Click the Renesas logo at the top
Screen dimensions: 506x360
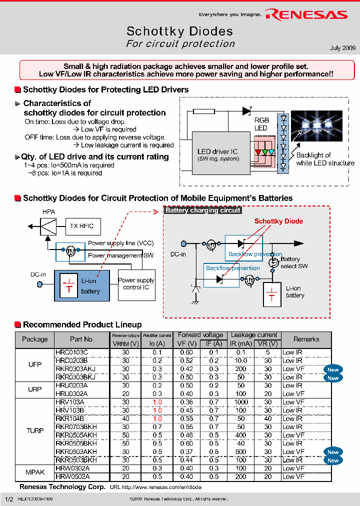pyautogui.click(x=306, y=15)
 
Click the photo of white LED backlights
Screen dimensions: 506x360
pyautogui.click(x=316, y=123)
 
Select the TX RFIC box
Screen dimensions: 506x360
pyautogui.click(x=81, y=226)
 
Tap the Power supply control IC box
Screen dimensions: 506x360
pyautogui.click(x=136, y=284)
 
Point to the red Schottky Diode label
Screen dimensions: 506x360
pyautogui.click(x=278, y=221)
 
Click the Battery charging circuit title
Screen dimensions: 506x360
pyautogui.click(x=202, y=210)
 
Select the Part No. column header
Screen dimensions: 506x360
pyautogui.click(x=82, y=339)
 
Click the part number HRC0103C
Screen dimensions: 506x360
pyautogui.click(x=71, y=352)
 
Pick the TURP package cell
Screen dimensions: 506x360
pyautogui.click(x=35, y=430)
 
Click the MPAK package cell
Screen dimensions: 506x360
pyautogui.click(x=35, y=472)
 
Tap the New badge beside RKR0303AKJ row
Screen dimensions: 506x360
pyautogui.click(x=333, y=369)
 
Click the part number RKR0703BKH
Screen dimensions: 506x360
pyautogui.click(x=76, y=426)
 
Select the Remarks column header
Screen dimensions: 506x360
pyautogui.click(x=306, y=339)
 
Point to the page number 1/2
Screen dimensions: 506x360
pyautogui.click(x=8, y=499)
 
